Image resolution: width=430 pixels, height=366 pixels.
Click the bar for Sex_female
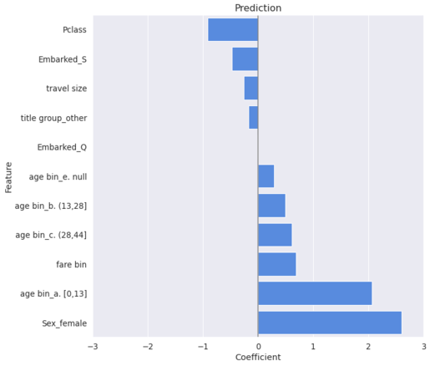[x=329, y=323]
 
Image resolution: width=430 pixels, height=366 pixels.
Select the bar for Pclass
[x=233, y=30]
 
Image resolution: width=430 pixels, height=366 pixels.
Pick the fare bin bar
[x=276, y=264]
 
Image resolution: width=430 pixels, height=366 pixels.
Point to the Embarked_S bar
[x=245, y=59]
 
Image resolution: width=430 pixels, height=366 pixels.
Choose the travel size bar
[x=250, y=89]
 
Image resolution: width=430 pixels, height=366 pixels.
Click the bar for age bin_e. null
[x=266, y=176]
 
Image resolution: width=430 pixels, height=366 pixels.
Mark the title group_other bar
[x=253, y=118]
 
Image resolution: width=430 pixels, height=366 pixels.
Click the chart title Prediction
[x=258, y=8]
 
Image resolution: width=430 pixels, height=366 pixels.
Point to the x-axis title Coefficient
[x=258, y=358]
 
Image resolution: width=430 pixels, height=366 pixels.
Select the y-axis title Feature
[x=9, y=176]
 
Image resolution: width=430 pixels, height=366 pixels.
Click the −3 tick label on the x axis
[x=93, y=345]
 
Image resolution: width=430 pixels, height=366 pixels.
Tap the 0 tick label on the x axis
[x=258, y=345]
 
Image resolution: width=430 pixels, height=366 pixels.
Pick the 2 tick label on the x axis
[x=368, y=345]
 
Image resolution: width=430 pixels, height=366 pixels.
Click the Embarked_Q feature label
[x=62, y=147]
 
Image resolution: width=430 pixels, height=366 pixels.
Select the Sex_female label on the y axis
[x=64, y=323]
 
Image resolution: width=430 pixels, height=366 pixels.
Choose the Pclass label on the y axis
[x=74, y=30]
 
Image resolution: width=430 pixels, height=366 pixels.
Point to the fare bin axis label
[x=70, y=265]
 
